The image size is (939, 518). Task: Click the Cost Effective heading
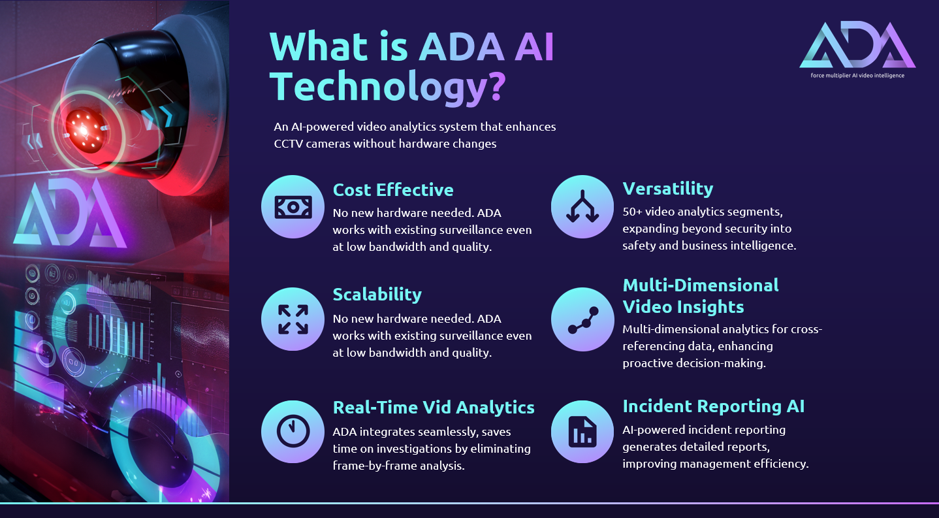393,190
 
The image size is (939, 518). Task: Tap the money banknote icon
293,207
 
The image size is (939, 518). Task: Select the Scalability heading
377,295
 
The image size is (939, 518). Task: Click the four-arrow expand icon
293,319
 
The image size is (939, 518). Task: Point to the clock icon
293,431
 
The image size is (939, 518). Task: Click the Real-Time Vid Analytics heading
434,408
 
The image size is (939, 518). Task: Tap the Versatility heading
668,189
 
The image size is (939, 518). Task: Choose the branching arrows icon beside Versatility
582,206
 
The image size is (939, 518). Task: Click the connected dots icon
582,320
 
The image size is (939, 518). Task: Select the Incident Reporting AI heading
714,406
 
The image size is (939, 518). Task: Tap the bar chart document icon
582,432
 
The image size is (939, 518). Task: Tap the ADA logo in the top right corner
857,45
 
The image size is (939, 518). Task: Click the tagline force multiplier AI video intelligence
857,76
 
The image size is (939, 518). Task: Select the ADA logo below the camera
71,213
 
